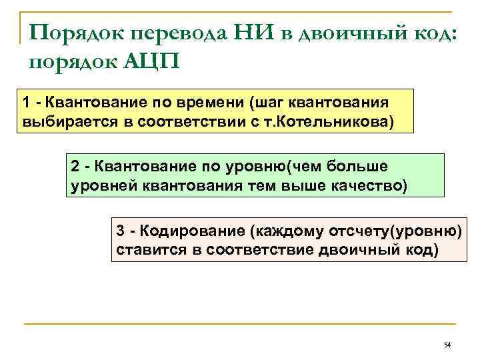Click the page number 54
tap(447, 345)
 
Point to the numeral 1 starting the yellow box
tap(25, 103)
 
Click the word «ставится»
tap(143, 251)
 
